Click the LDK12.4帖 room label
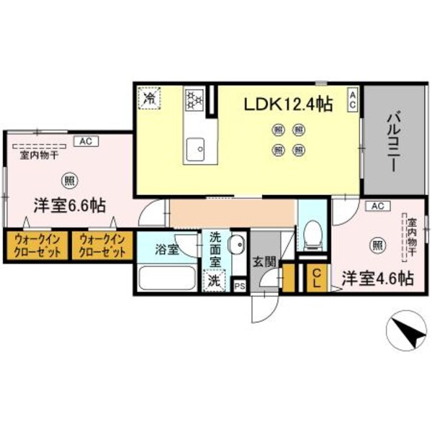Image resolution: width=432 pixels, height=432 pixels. [x=287, y=104]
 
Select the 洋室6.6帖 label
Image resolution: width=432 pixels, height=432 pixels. [x=69, y=205]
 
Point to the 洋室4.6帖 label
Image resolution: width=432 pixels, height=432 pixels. [x=377, y=278]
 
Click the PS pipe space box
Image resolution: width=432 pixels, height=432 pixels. [x=240, y=286]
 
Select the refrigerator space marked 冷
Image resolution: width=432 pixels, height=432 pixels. [x=150, y=97]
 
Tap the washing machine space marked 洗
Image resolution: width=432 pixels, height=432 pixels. [x=214, y=281]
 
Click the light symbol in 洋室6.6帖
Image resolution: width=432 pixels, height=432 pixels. [x=69, y=180]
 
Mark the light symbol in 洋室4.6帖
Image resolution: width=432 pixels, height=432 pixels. [x=377, y=246]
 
